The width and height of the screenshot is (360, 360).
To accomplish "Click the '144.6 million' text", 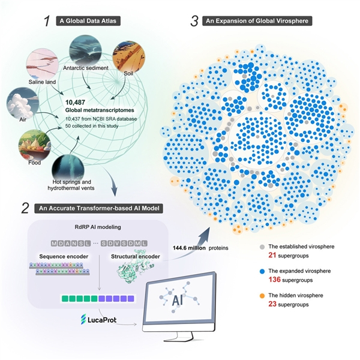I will pos(190,246).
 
